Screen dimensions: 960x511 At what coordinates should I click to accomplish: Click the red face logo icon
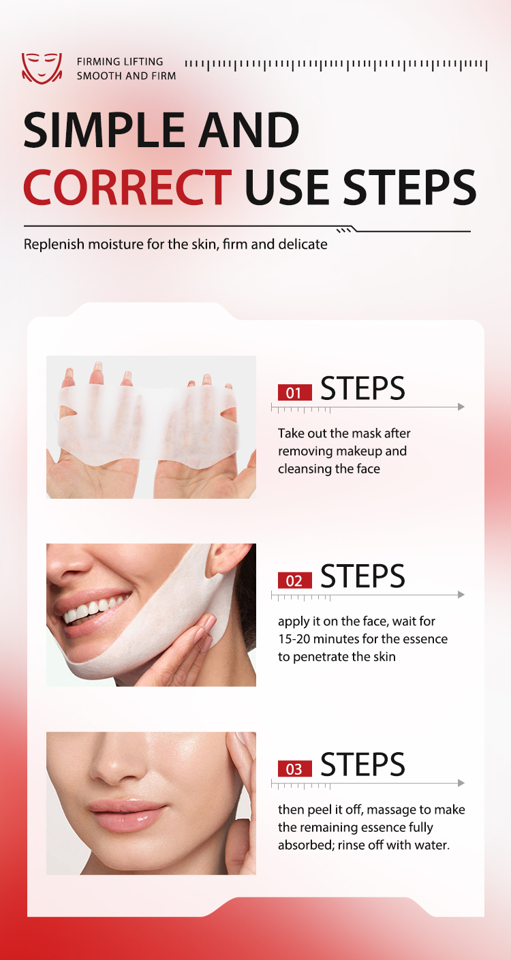42,68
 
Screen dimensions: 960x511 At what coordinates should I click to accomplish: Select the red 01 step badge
294,393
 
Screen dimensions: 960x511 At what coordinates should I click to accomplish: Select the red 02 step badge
294,580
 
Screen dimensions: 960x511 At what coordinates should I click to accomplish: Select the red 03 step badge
294,769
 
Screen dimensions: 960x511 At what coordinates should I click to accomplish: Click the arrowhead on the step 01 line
461,407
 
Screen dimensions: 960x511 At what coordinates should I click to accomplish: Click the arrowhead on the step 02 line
461,595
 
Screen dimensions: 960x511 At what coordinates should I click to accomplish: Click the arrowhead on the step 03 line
461,783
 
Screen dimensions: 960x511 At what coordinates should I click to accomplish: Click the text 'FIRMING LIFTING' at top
120,62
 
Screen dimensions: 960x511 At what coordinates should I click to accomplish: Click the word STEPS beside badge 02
362,576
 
